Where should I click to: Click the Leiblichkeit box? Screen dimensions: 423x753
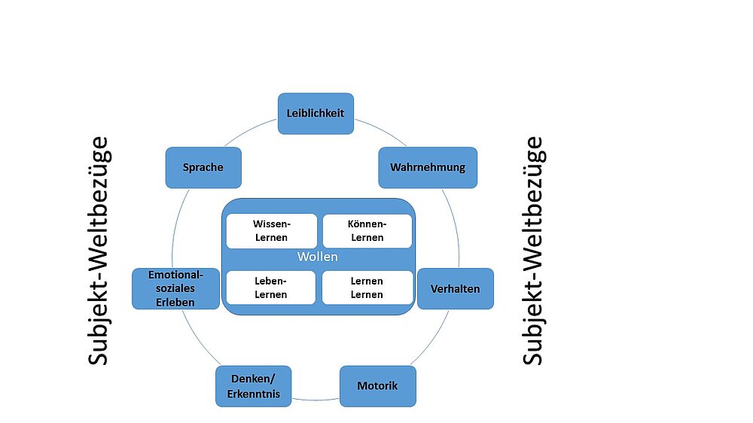coord(316,114)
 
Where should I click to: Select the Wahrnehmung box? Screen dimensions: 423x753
coord(428,167)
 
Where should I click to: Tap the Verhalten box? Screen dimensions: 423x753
coord(455,288)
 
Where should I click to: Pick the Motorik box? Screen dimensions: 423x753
coord(377,386)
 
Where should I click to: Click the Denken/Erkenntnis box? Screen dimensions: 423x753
coord(254,386)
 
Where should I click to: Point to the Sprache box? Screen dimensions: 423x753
coord(203,167)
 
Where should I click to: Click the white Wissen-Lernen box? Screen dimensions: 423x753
coord(271,231)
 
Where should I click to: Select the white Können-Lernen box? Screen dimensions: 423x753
coord(367,231)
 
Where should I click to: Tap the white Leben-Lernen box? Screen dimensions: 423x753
coord(271,288)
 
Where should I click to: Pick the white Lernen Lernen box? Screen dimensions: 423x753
coord(367,288)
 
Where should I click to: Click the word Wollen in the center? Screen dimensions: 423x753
coord(318,257)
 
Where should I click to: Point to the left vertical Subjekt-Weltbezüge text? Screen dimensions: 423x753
coord(99,251)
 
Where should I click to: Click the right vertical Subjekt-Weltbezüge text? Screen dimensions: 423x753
coord(533,251)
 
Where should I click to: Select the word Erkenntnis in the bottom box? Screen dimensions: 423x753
coord(254,394)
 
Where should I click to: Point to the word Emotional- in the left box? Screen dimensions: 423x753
coord(176,275)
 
